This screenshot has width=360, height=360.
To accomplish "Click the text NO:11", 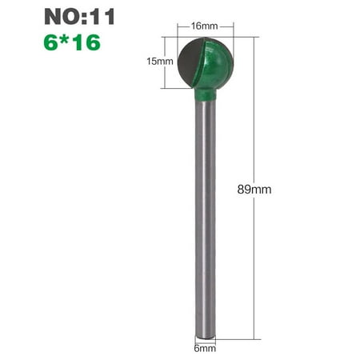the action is coord(79,17).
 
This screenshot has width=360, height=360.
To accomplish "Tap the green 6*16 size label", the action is coord(72,42).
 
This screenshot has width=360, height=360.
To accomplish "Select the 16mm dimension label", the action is coord(205,26).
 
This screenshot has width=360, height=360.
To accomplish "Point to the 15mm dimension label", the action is coord(160,62).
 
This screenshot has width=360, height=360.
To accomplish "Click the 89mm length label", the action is coord(254,190).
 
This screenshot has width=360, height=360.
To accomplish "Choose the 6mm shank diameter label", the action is coord(205,348).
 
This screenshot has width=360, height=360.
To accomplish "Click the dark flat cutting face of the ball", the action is coord(189,62).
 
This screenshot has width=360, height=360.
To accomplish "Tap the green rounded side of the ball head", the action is coord(218,62).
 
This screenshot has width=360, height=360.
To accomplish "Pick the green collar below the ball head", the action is coord(205,95).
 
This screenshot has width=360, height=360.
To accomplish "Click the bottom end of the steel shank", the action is coord(205,337).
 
